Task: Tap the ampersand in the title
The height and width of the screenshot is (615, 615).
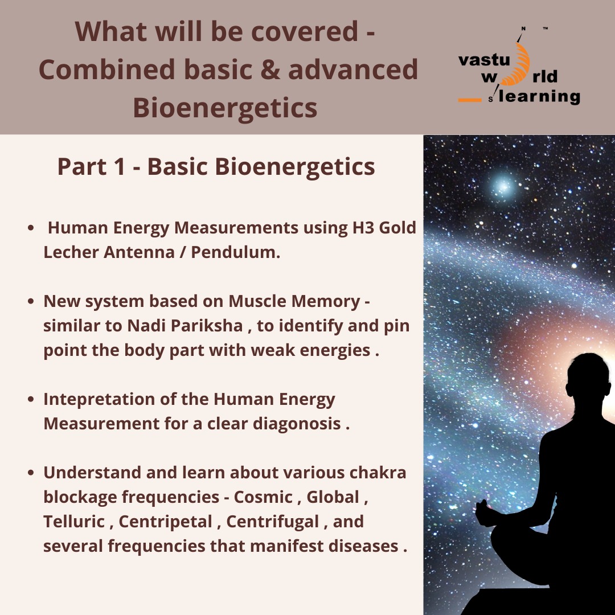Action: click(270, 69)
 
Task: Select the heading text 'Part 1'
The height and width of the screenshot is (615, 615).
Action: click(91, 166)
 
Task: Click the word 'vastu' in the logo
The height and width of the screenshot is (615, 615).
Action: click(484, 60)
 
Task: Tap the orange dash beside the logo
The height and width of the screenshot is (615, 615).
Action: click(470, 100)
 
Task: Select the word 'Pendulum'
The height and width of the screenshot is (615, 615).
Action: click(235, 252)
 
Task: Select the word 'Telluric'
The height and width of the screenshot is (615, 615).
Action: click(74, 522)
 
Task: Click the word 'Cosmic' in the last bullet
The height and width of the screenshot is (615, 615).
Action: click(263, 497)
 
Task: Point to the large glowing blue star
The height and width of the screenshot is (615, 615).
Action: click(503, 186)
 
